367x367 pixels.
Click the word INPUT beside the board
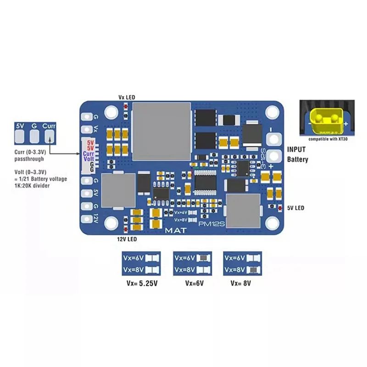[298, 150]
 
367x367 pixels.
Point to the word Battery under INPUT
[298, 160]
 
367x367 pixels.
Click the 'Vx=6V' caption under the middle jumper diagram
[194, 283]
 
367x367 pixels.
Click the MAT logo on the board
[175, 230]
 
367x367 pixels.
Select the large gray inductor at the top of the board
[161, 131]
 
